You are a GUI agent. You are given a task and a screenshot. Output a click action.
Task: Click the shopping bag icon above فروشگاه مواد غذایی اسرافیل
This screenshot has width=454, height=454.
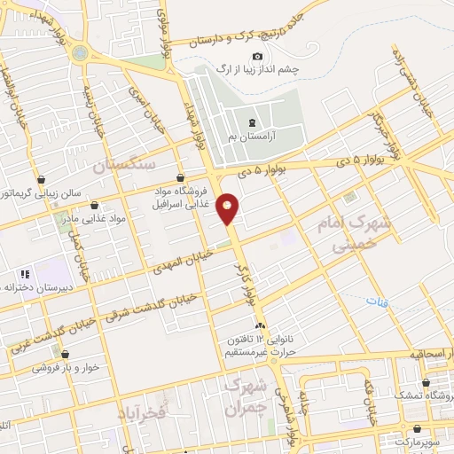(x=181, y=176)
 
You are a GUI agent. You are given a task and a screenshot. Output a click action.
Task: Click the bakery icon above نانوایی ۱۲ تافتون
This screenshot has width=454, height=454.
(x=259, y=328)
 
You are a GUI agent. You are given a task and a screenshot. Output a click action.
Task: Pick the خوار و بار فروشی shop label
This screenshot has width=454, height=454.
(x=75, y=367)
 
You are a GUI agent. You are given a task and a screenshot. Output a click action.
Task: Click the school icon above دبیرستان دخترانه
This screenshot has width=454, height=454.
(x=26, y=274)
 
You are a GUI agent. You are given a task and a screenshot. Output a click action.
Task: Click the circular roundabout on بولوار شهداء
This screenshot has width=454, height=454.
(x=81, y=53)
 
